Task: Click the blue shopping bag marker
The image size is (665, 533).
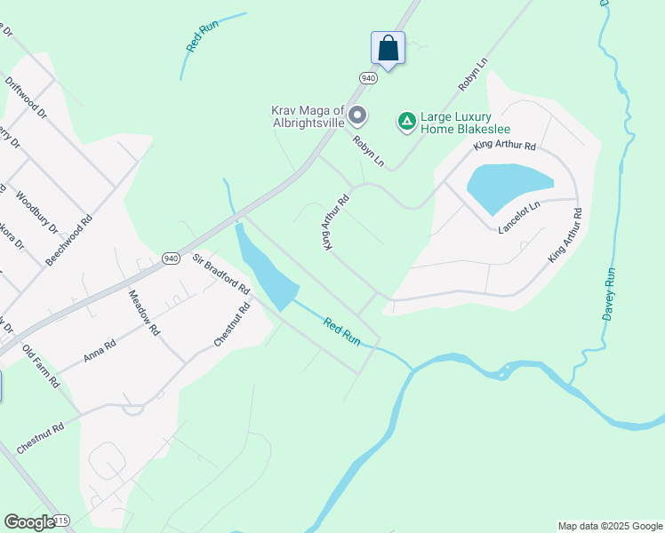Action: click(x=388, y=48)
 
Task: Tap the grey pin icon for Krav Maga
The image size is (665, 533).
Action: click(x=357, y=115)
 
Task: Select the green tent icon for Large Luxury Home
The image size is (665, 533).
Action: click(x=406, y=120)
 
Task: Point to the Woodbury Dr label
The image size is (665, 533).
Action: click(x=37, y=214)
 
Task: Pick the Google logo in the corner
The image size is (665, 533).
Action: click(x=29, y=522)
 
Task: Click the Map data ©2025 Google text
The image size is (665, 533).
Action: click(x=609, y=526)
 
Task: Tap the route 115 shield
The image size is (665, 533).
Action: click(x=60, y=520)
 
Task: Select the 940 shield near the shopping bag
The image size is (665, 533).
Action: click(x=369, y=78)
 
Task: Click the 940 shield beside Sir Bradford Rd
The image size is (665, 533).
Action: click(x=172, y=259)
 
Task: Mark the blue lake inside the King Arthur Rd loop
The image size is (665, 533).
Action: click(x=508, y=187)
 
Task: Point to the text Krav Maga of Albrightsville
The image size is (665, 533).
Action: click(x=308, y=116)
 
